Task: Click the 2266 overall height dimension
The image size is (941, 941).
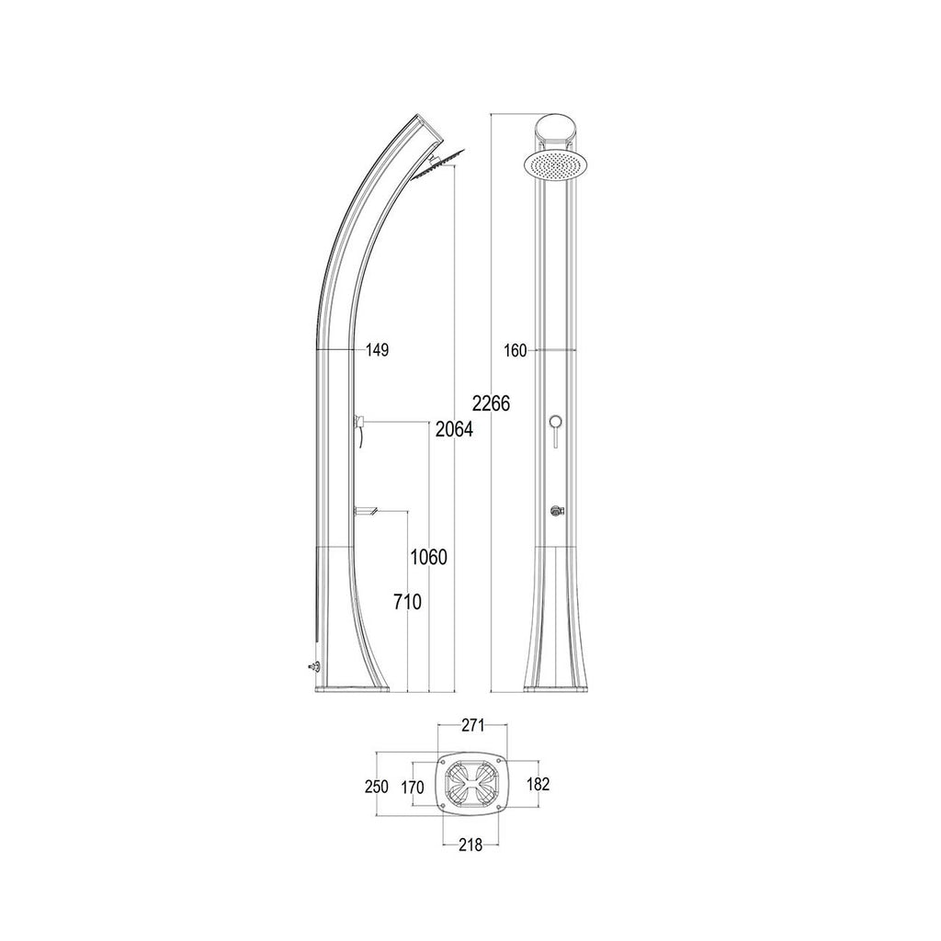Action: click(491, 403)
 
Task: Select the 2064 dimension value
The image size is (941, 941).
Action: click(454, 429)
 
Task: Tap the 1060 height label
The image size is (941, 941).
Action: click(428, 558)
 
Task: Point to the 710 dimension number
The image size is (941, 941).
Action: click(408, 601)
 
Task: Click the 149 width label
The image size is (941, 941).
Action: click(378, 350)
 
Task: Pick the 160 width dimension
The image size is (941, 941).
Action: click(515, 351)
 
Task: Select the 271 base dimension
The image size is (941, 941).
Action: click(473, 726)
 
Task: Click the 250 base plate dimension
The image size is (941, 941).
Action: click(377, 787)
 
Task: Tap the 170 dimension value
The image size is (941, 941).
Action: click(413, 788)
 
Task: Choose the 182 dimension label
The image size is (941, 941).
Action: click(538, 784)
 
